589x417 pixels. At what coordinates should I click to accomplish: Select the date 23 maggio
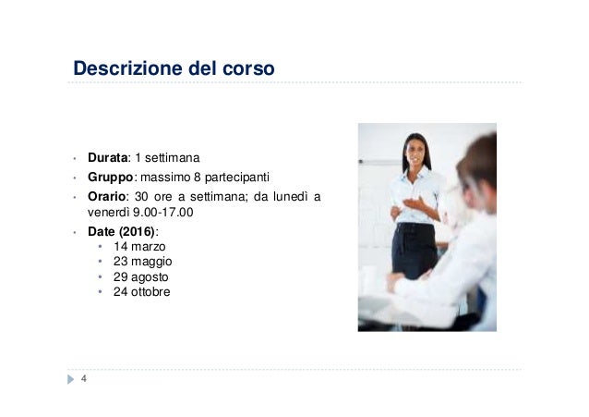[143, 262]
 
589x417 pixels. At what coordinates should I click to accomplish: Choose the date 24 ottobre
[142, 291]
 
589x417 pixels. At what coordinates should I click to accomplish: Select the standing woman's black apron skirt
[414, 250]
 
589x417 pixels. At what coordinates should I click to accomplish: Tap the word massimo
[165, 176]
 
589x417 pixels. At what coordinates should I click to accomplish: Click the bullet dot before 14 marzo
[101, 248]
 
